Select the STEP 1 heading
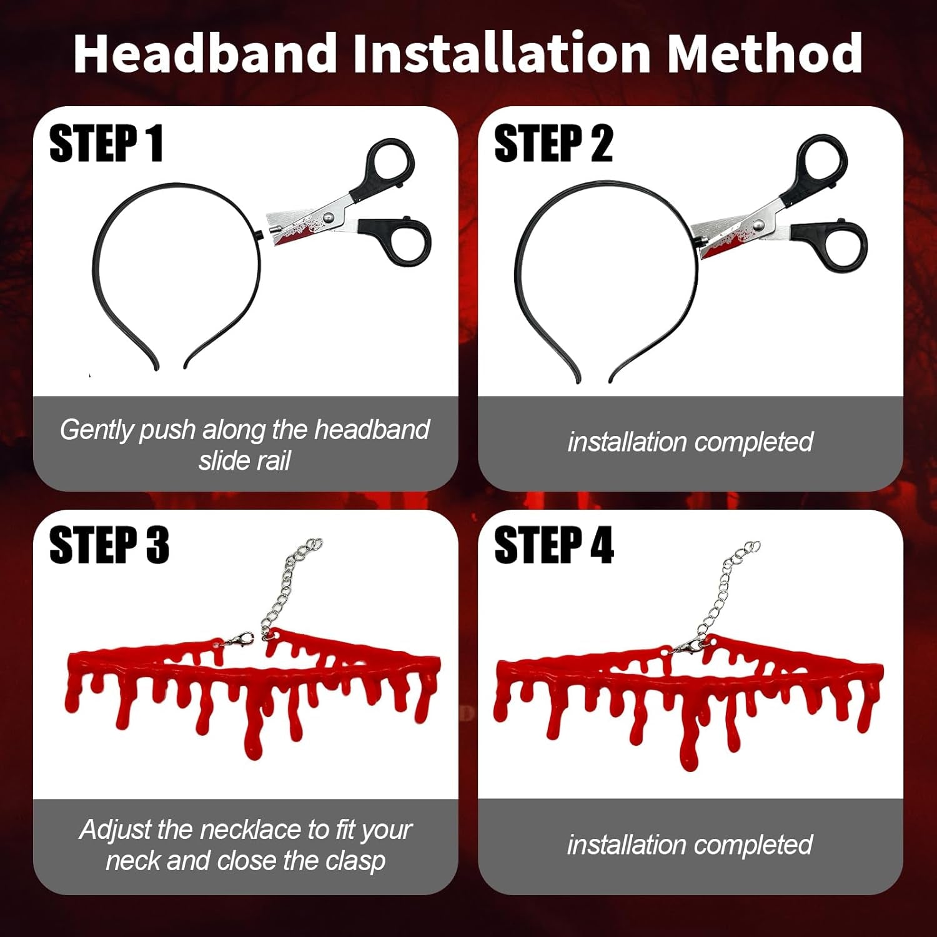coord(106,144)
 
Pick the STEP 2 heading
coord(553,144)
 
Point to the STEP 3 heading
coord(109,545)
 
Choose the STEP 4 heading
coord(553,545)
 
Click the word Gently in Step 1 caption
coord(97,430)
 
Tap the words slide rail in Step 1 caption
coord(244,461)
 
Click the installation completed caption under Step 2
coord(690,442)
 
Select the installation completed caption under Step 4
coord(690,845)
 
